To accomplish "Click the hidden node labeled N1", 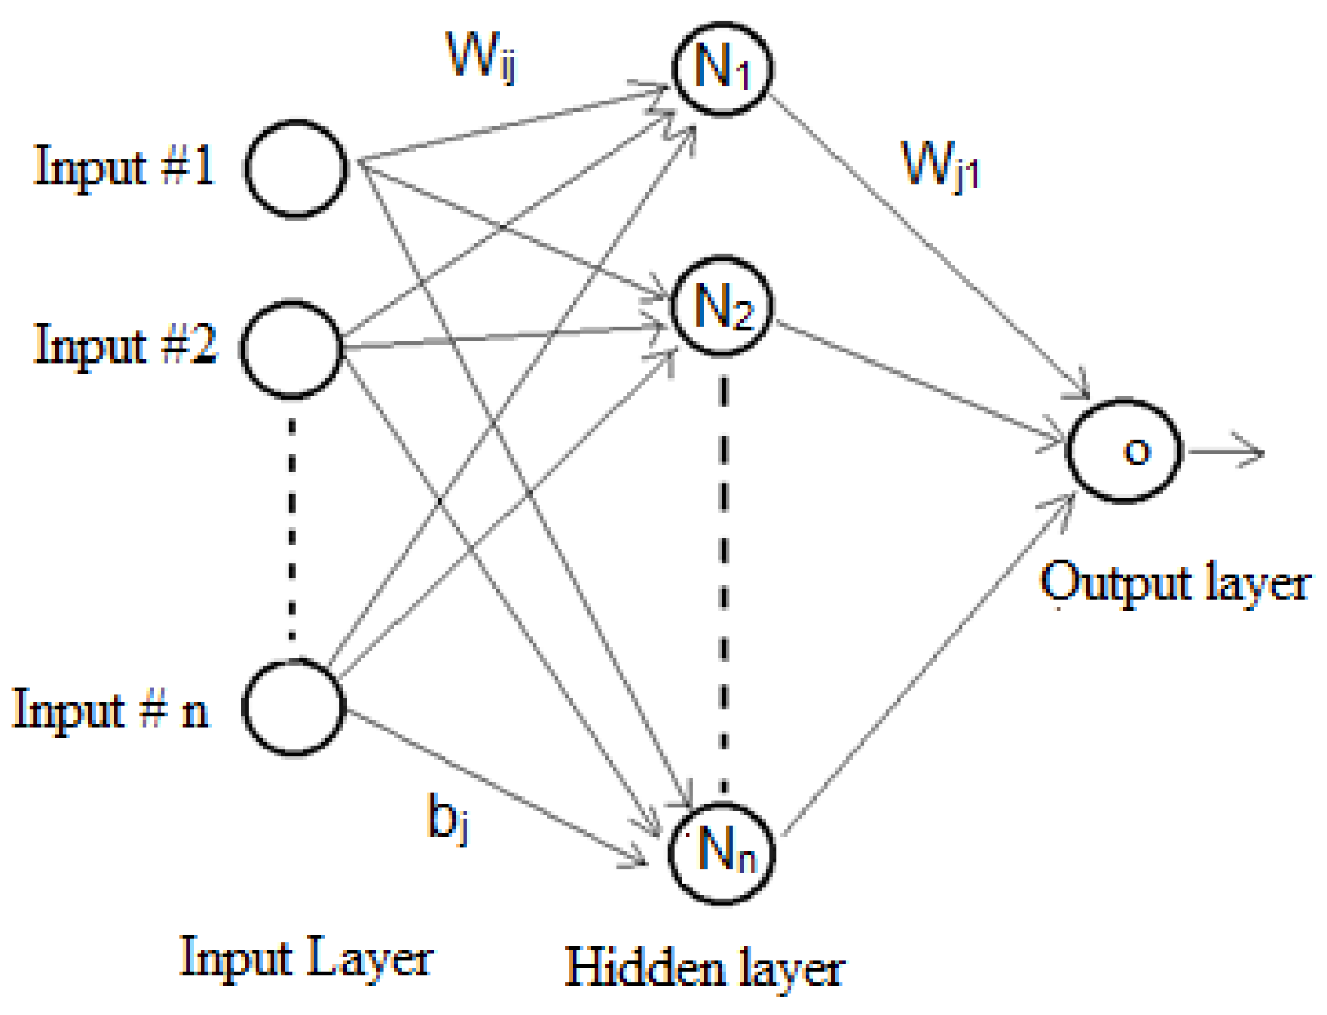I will point(723,68).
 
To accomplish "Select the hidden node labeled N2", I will point(723,306).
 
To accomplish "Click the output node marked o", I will point(1125,450).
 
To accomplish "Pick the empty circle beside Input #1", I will point(296,168).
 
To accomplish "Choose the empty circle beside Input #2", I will point(292,349).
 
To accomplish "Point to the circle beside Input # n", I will point(293,707).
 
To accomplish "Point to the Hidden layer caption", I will point(705,968).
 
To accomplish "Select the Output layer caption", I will point(1175,583).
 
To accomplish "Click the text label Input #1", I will point(124,166).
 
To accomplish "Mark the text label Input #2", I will point(126,345).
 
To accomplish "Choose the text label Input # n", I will point(111,709).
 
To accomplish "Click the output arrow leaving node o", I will point(1226,452).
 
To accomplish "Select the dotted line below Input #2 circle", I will point(292,528).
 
